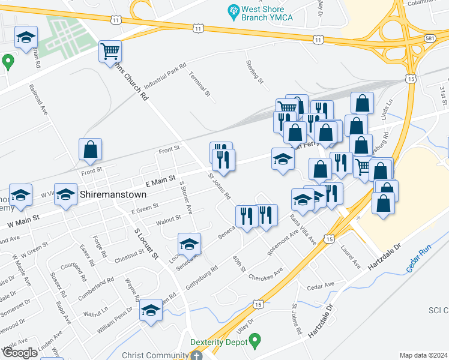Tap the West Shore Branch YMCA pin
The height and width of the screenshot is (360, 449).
[x=232, y=11]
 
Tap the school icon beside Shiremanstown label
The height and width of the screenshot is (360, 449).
[x=66, y=194]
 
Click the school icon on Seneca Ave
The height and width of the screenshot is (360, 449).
[x=189, y=244]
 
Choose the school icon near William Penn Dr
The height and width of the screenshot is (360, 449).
[x=151, y=310]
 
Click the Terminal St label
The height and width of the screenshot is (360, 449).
[x=200, y=84]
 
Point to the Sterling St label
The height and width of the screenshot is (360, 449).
[x=255, y=71]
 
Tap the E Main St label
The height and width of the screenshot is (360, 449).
[x=160, y=179]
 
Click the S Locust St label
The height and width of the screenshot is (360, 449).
[x=146, y=243]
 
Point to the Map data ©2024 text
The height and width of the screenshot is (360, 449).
[x=423, y=355]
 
